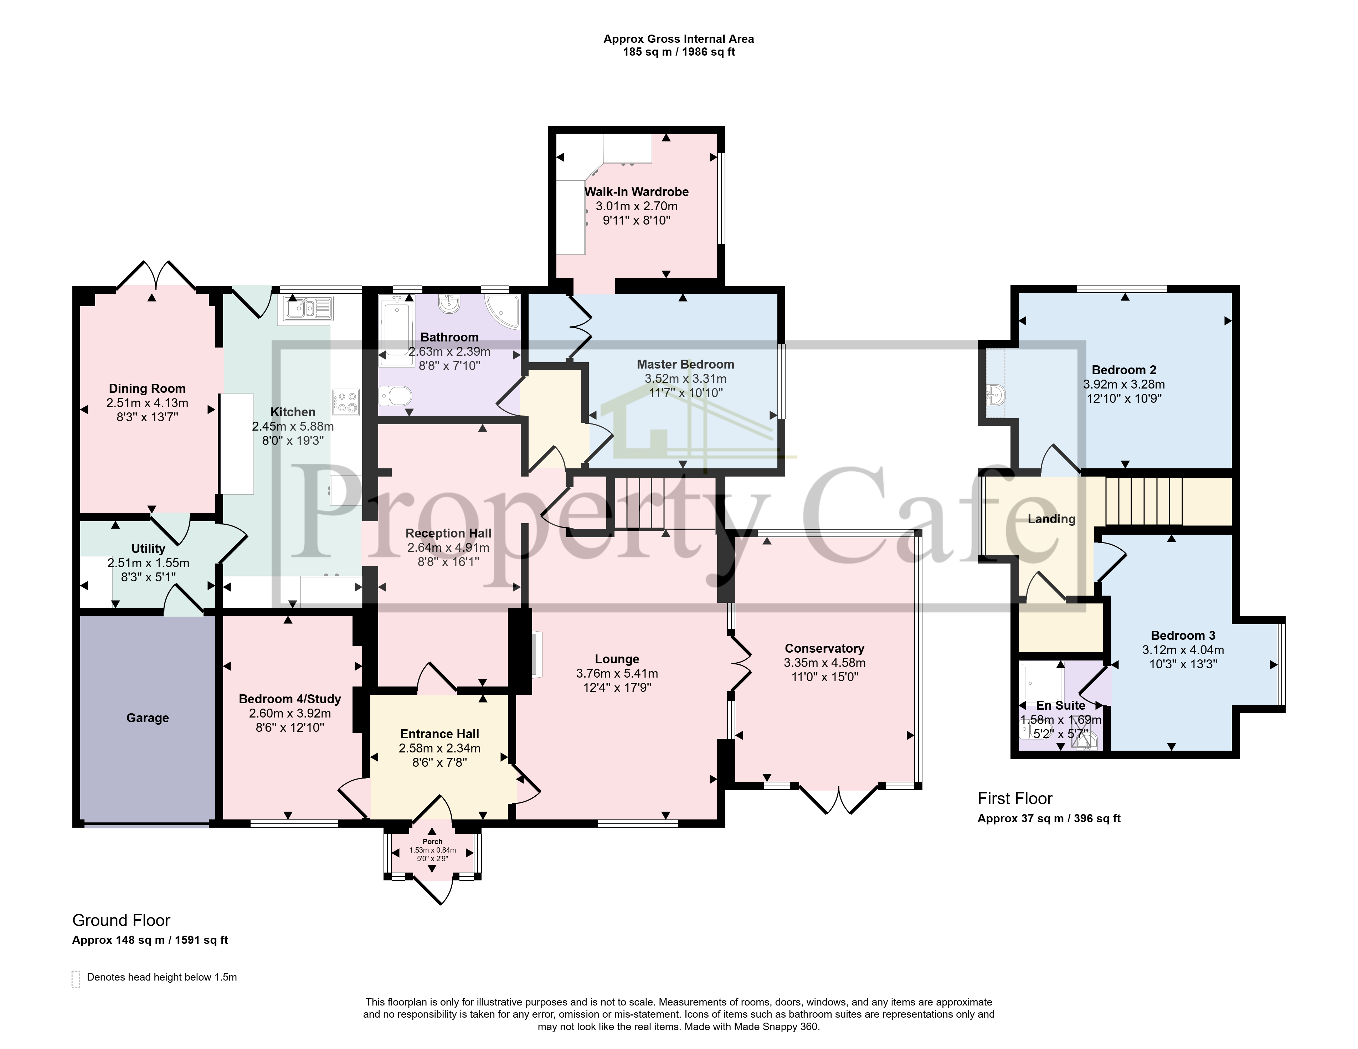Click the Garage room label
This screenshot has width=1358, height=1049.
(x=147, y=718)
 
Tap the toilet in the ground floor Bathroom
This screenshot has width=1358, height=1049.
(x=396, y=395)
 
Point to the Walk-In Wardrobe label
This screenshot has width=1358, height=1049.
(x=636, y=192)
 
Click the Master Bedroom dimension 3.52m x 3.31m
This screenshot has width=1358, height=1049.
(x=685, y=379)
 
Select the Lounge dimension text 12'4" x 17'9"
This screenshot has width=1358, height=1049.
(x=617, y=688)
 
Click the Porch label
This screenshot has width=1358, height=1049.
(x=432, y=841)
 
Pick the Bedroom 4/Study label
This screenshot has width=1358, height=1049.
(x=290, y=699)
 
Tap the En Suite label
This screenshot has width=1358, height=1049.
(x=1060, y=706)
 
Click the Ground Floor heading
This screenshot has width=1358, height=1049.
(x=121, y=920)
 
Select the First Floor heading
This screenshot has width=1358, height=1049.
(x=1015, y=798)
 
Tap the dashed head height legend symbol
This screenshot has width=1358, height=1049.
(x=76, y=979)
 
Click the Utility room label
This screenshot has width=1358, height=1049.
(x=148, y=549)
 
